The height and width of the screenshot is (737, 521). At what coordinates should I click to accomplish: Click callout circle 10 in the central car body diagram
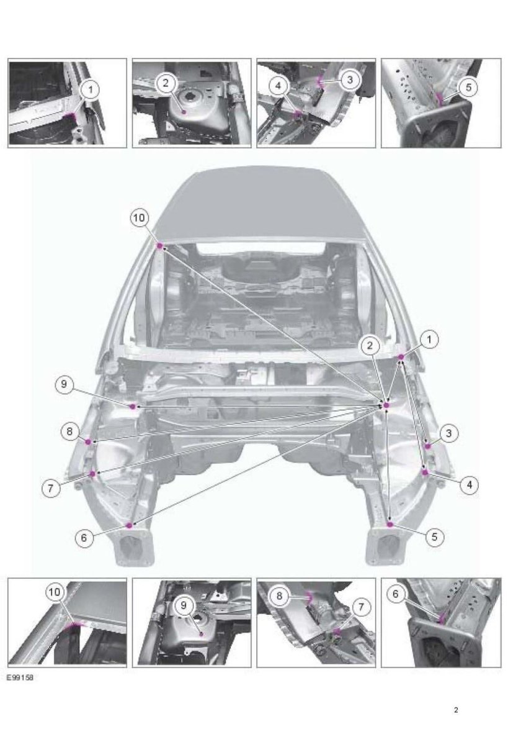139,218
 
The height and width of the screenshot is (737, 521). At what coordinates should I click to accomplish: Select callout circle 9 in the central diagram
65,384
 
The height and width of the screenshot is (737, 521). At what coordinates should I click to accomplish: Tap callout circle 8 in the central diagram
70,431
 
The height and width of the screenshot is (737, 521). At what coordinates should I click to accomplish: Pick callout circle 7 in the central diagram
51,489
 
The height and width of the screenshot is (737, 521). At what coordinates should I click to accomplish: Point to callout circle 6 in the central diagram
84,537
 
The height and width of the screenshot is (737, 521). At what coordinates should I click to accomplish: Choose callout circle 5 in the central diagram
434,536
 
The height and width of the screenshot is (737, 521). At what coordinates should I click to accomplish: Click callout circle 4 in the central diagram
470,484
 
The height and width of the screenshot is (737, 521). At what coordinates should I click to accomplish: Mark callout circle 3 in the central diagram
448,433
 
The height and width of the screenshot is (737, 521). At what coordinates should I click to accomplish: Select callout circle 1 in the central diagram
429,339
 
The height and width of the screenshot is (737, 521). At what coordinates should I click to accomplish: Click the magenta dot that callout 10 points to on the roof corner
160,246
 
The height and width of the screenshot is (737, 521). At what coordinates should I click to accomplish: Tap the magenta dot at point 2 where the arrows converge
387,405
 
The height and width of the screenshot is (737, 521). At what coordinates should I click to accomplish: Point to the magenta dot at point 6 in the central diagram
130,525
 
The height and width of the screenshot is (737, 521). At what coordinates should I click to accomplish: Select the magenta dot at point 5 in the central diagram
390,524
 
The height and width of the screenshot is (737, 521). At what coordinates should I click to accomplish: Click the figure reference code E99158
20,678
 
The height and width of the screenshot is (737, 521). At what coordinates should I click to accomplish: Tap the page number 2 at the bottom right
456,710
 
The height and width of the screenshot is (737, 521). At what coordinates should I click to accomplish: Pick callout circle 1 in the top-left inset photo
91,89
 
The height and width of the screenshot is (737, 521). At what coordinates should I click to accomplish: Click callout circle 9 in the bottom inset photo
184,605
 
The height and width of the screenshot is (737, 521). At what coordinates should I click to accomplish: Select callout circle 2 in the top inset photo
165,83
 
